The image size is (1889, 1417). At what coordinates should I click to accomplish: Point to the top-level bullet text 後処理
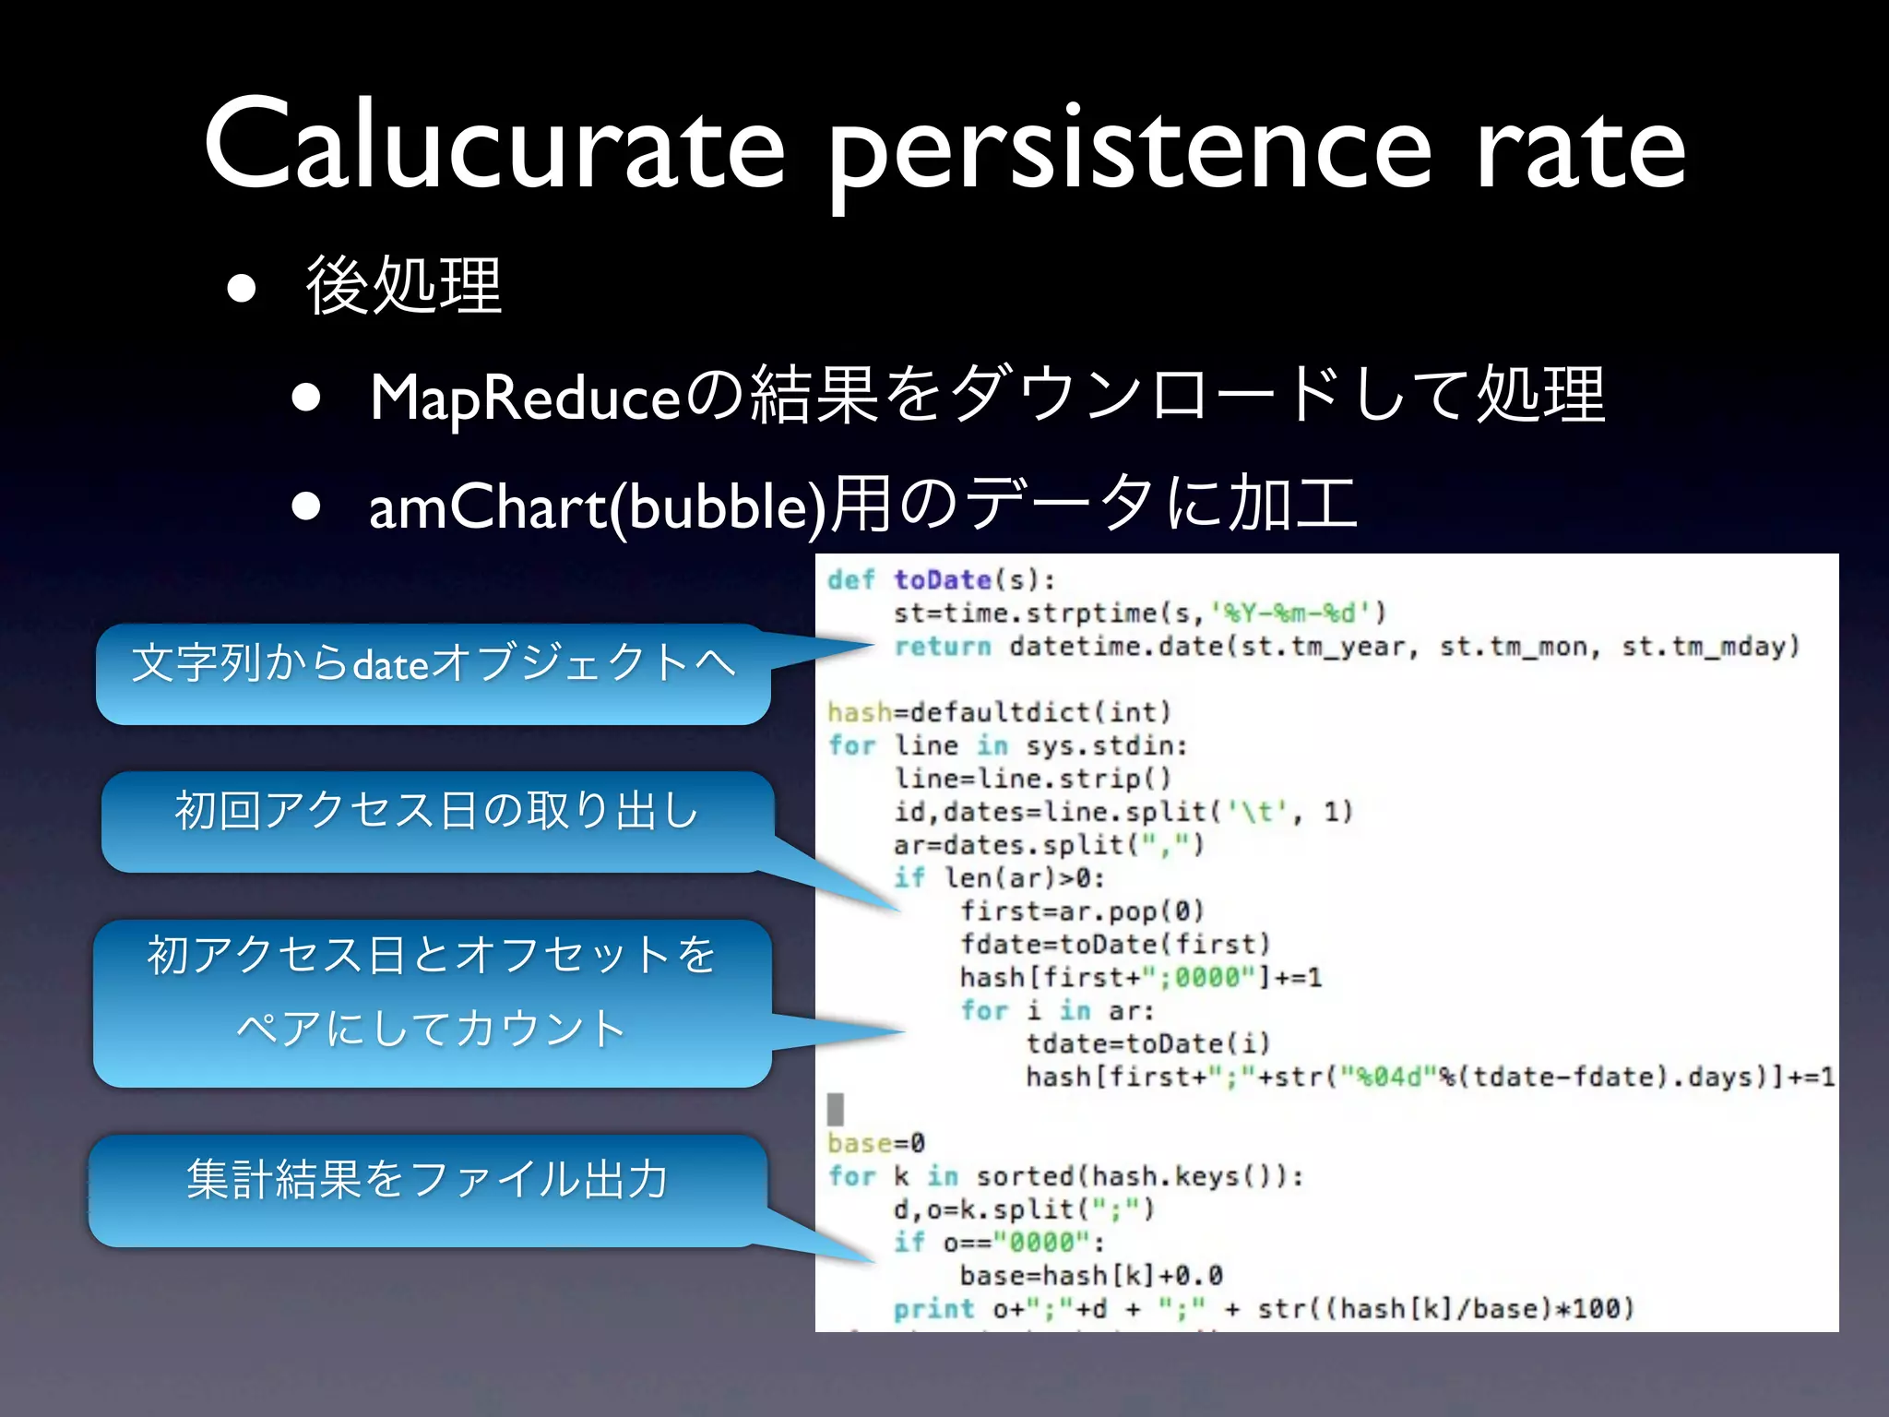click(x=404, y=286)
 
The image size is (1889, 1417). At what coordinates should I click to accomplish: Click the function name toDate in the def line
click(x=942, y=580)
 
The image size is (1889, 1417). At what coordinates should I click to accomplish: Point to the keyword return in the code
click(x=942, y=647)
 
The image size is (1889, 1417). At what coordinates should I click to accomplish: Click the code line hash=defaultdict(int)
click(x=999, y=712)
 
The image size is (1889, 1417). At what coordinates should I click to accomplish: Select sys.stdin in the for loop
click(x=1106, y=745)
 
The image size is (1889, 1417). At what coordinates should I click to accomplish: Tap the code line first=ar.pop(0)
click(x=1082, y=911)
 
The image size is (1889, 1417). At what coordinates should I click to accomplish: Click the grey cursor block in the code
click(x=836, y=1109)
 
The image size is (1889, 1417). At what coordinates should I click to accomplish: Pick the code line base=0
click(x=875, y=1144)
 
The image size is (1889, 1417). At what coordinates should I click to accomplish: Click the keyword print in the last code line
click(x=933, y=1309)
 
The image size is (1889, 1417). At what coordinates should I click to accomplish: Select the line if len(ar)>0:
click(x=999, y=878)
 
